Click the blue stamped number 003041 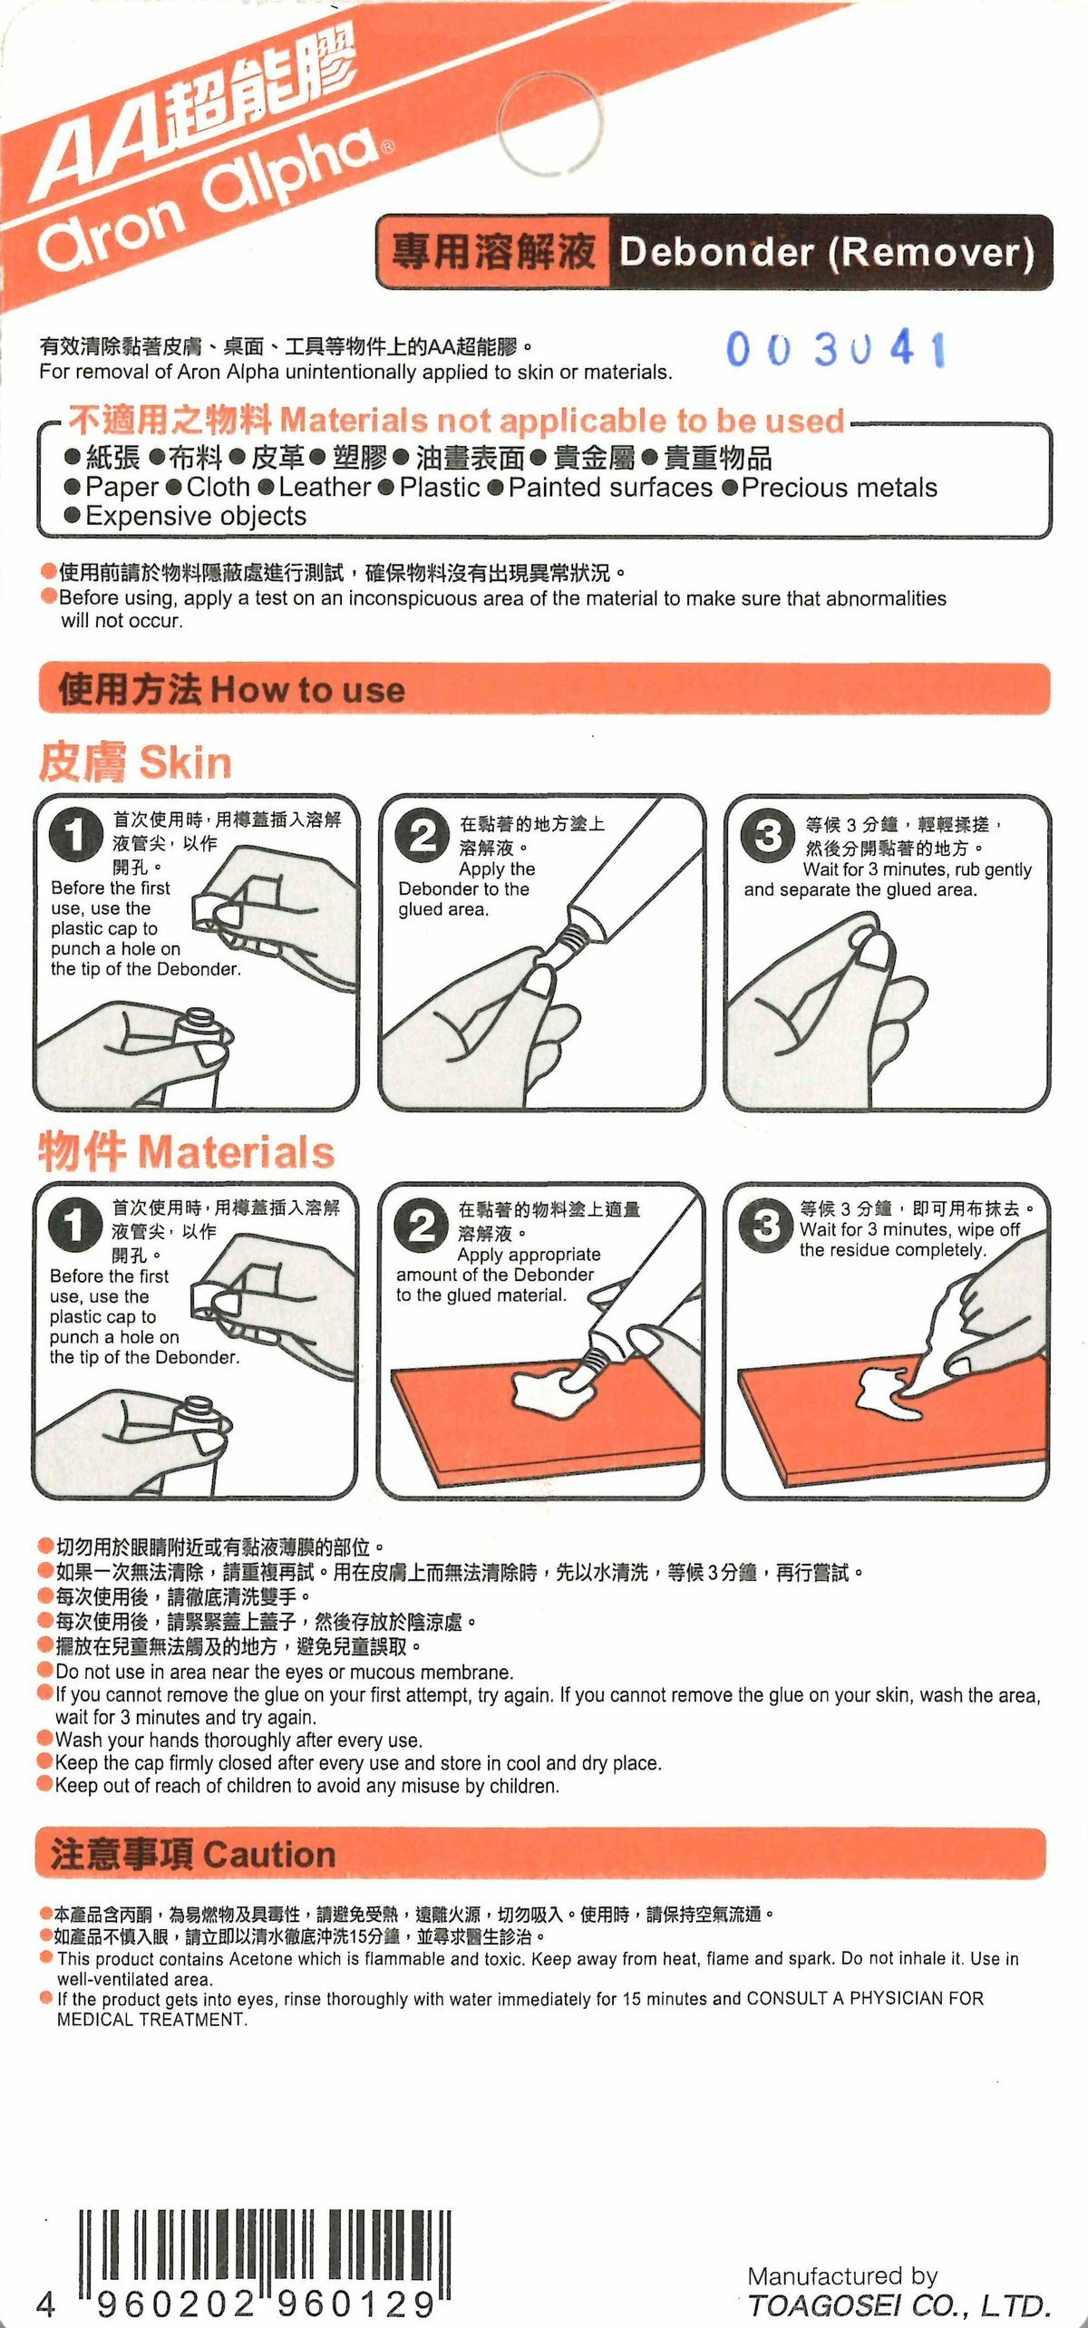pos(836,350)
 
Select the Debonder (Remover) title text pos(826,252)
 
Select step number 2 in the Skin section pos(423,835)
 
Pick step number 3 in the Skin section pos(768,835)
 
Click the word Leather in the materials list pos(325,487)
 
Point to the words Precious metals pos(839,488)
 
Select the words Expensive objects pos(196,516)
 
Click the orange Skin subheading pos(135,762)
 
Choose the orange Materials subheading pos(186,1152)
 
